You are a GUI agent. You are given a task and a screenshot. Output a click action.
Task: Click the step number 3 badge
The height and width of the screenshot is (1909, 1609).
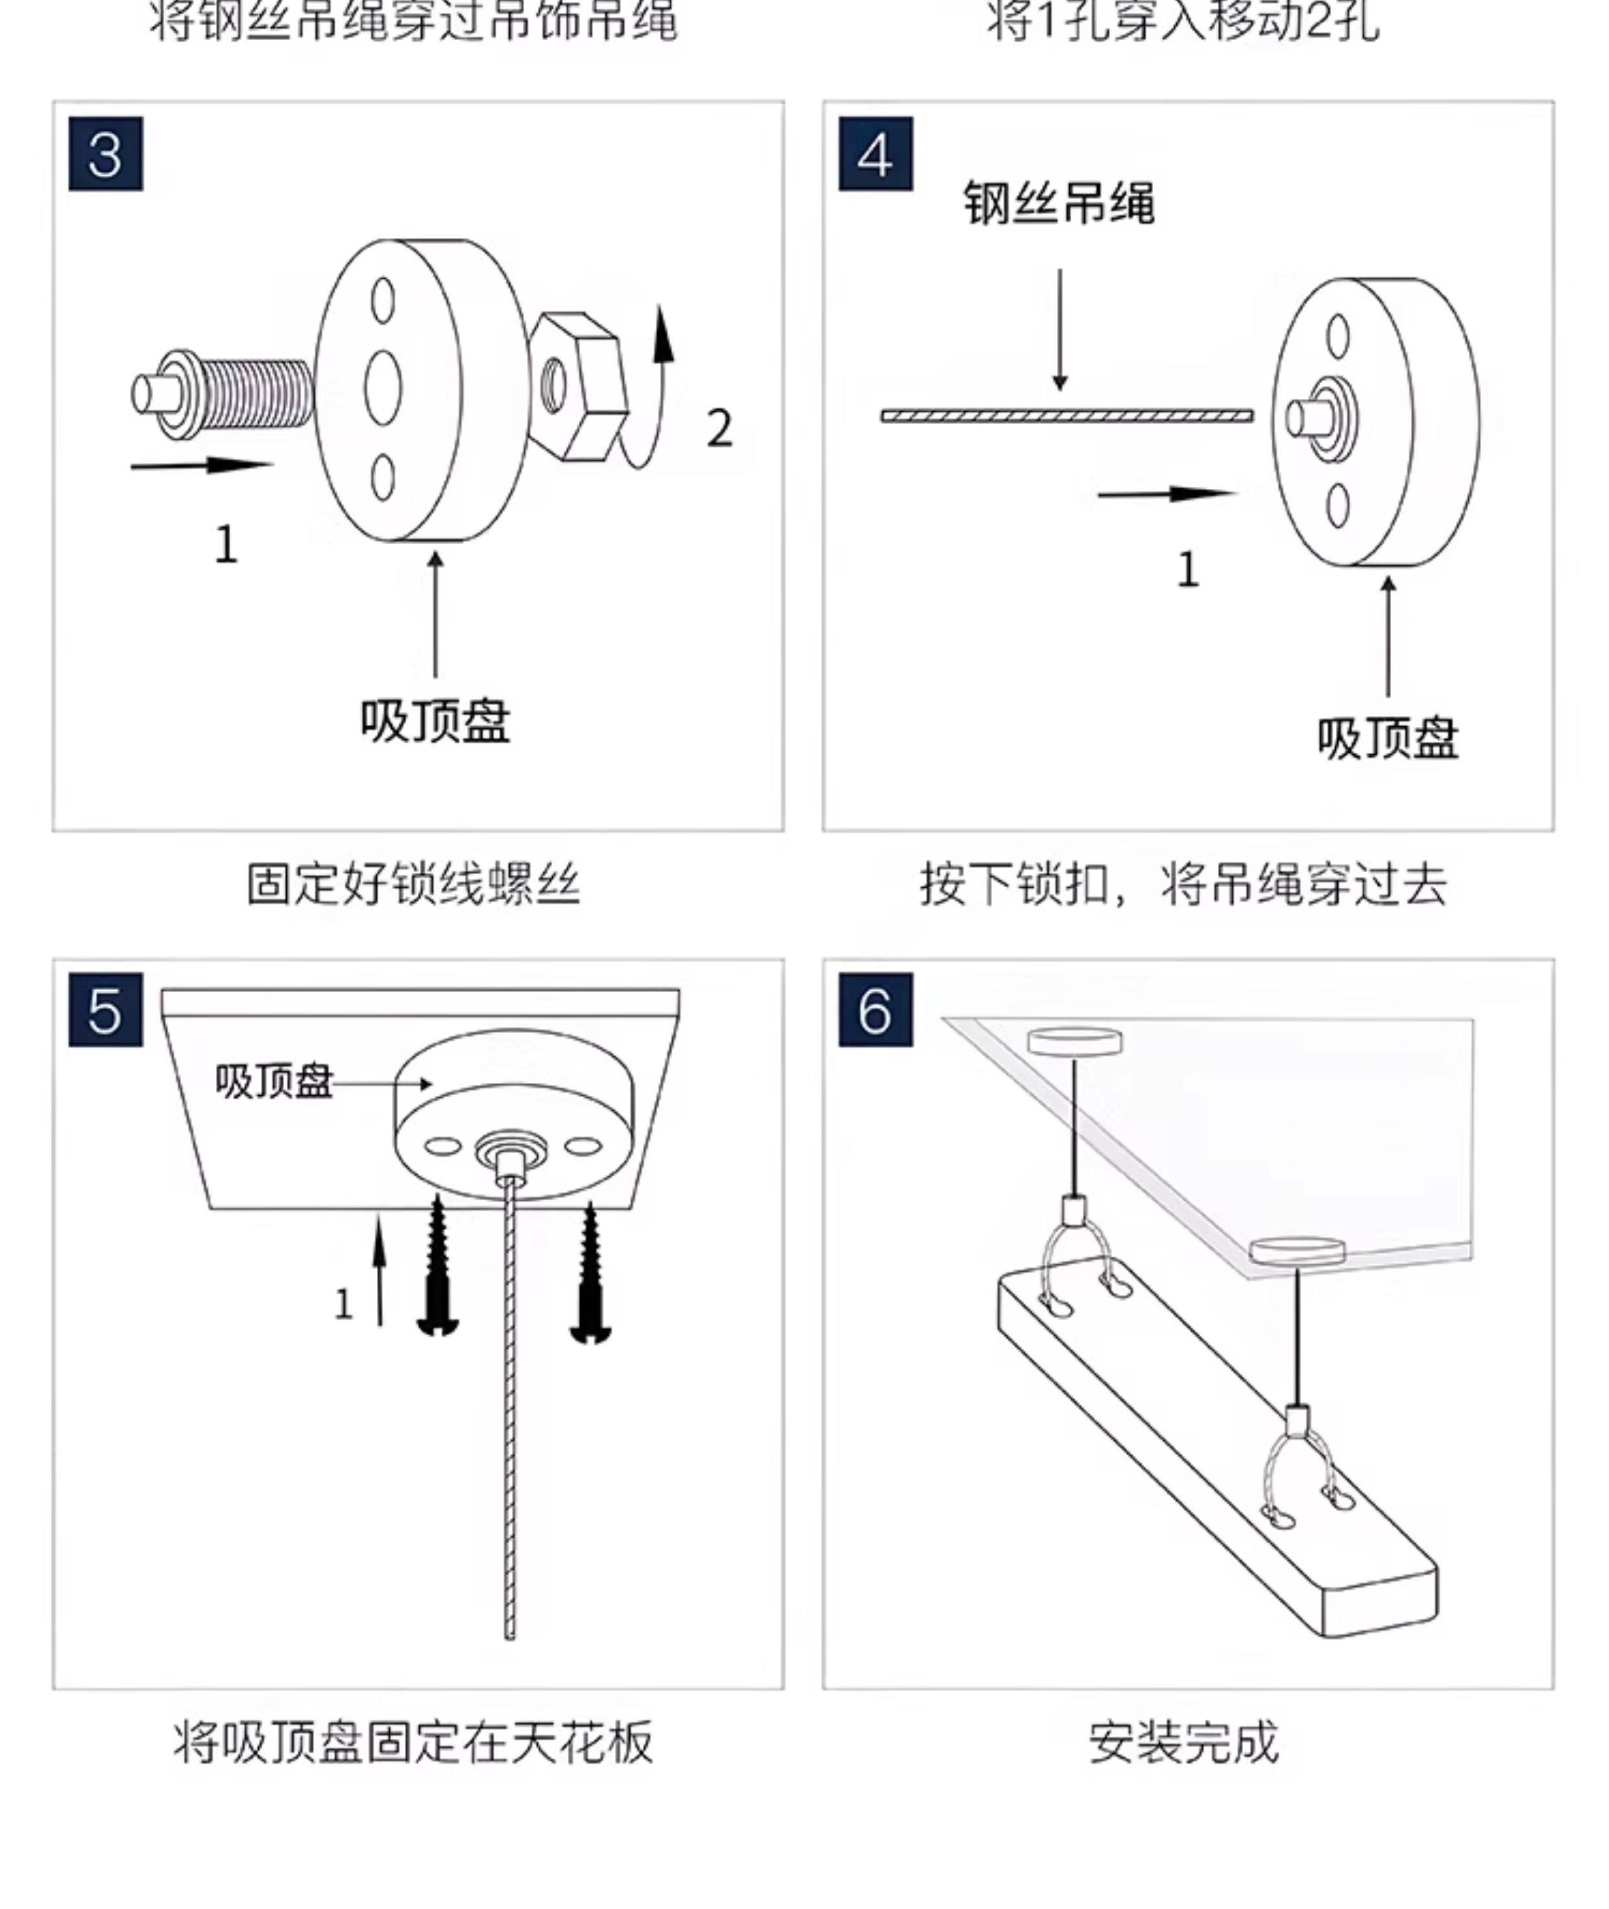point(106,154)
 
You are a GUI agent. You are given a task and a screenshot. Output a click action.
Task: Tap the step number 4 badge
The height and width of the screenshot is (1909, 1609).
point(876,154)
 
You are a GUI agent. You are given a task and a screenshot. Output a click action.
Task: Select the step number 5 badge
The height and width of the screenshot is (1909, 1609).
point(106,1010)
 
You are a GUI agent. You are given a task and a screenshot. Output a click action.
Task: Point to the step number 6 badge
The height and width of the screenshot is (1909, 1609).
point(876,1010)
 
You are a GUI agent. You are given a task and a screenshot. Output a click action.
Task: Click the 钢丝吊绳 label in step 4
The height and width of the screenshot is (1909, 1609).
point(1059,202)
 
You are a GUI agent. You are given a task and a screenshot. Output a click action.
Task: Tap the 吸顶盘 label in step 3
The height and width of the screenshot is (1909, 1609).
point(435,722)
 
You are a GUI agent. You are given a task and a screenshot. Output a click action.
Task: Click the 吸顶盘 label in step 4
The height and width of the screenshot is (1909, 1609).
point(1387,739)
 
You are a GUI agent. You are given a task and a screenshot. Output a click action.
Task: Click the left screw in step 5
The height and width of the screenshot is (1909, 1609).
point(438,1267)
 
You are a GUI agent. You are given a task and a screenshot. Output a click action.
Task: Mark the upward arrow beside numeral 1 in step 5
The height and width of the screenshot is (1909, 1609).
point(380,1267)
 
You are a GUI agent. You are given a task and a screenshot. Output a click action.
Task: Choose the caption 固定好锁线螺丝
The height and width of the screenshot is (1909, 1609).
point(413,884)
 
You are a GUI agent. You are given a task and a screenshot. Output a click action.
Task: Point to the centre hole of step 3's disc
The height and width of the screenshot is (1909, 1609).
point(383,388)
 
